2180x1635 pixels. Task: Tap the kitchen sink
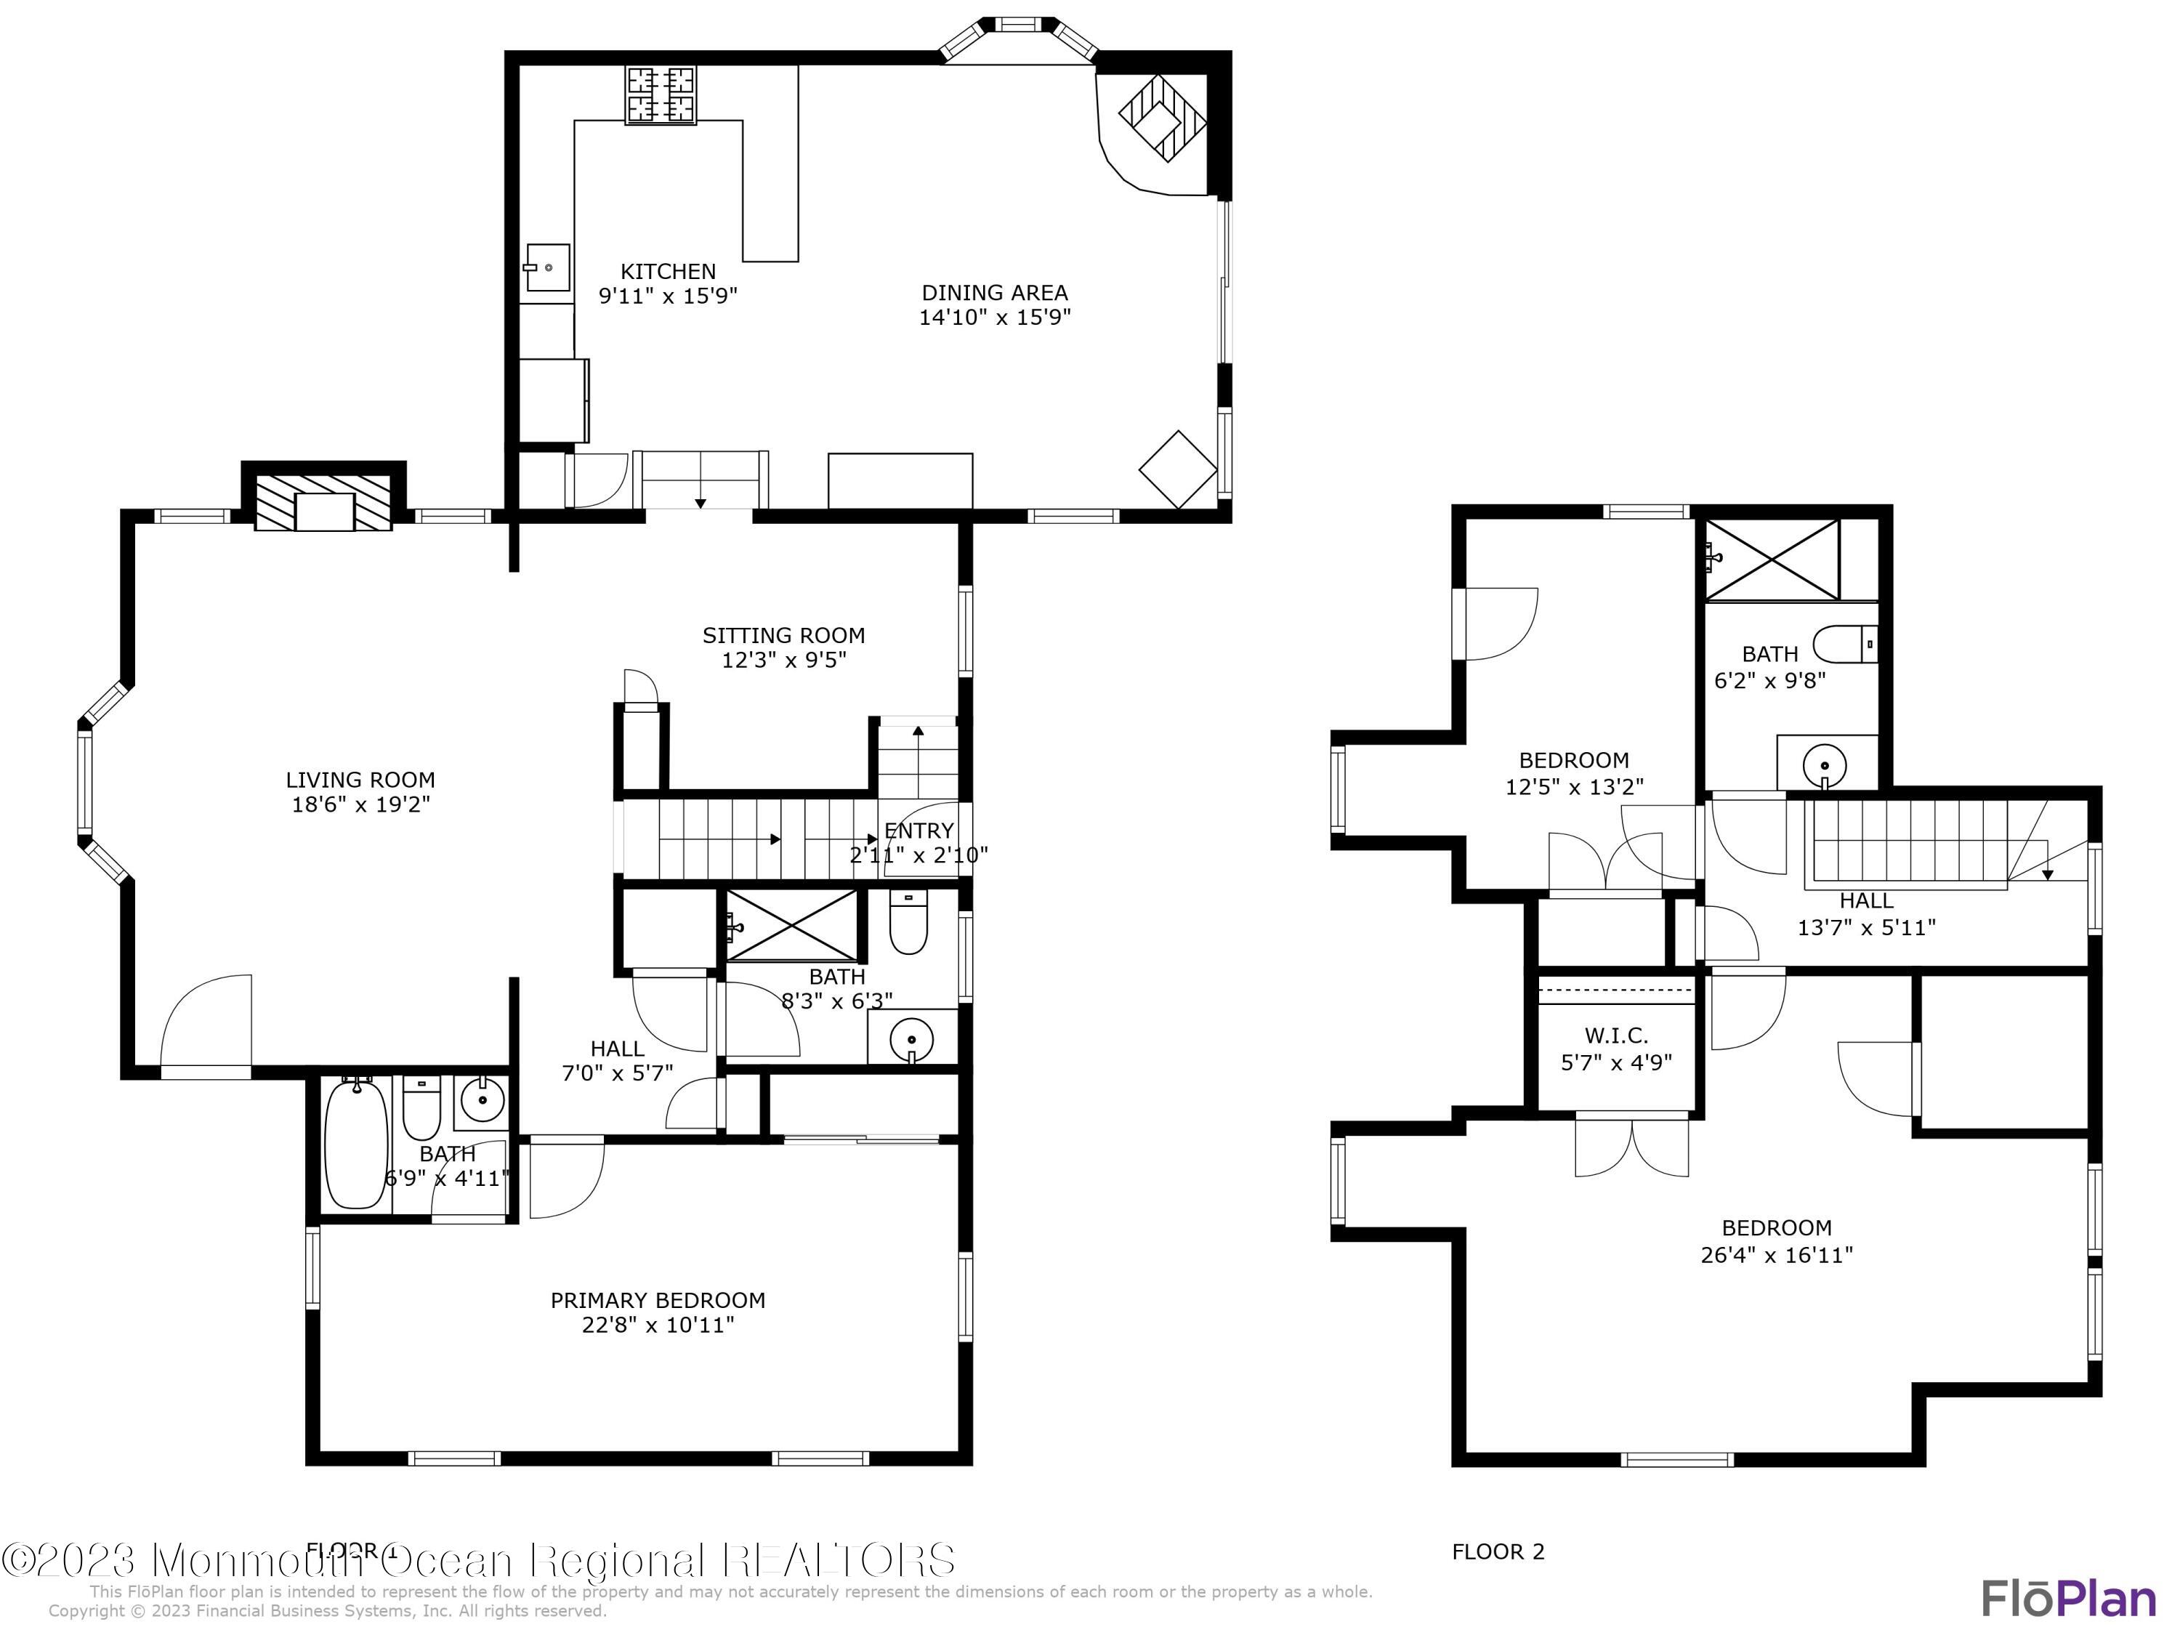[547, 267]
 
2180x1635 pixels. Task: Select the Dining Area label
[994, 293]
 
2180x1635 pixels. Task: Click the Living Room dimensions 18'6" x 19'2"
[360, 804]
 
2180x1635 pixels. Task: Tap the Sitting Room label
[783, 636]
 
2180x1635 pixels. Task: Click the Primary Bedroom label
[658, 1300]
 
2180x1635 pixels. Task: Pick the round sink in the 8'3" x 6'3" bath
[912, 1038]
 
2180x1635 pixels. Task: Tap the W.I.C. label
[1616, 1035]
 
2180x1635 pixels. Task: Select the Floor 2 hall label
[1865, 901]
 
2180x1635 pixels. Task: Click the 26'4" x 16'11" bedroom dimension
[1776, 1254]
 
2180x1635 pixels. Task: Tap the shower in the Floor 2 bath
[1772, 559]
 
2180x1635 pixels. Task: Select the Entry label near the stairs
[919, 831]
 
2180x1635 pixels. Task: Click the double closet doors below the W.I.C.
[1631, 1146]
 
